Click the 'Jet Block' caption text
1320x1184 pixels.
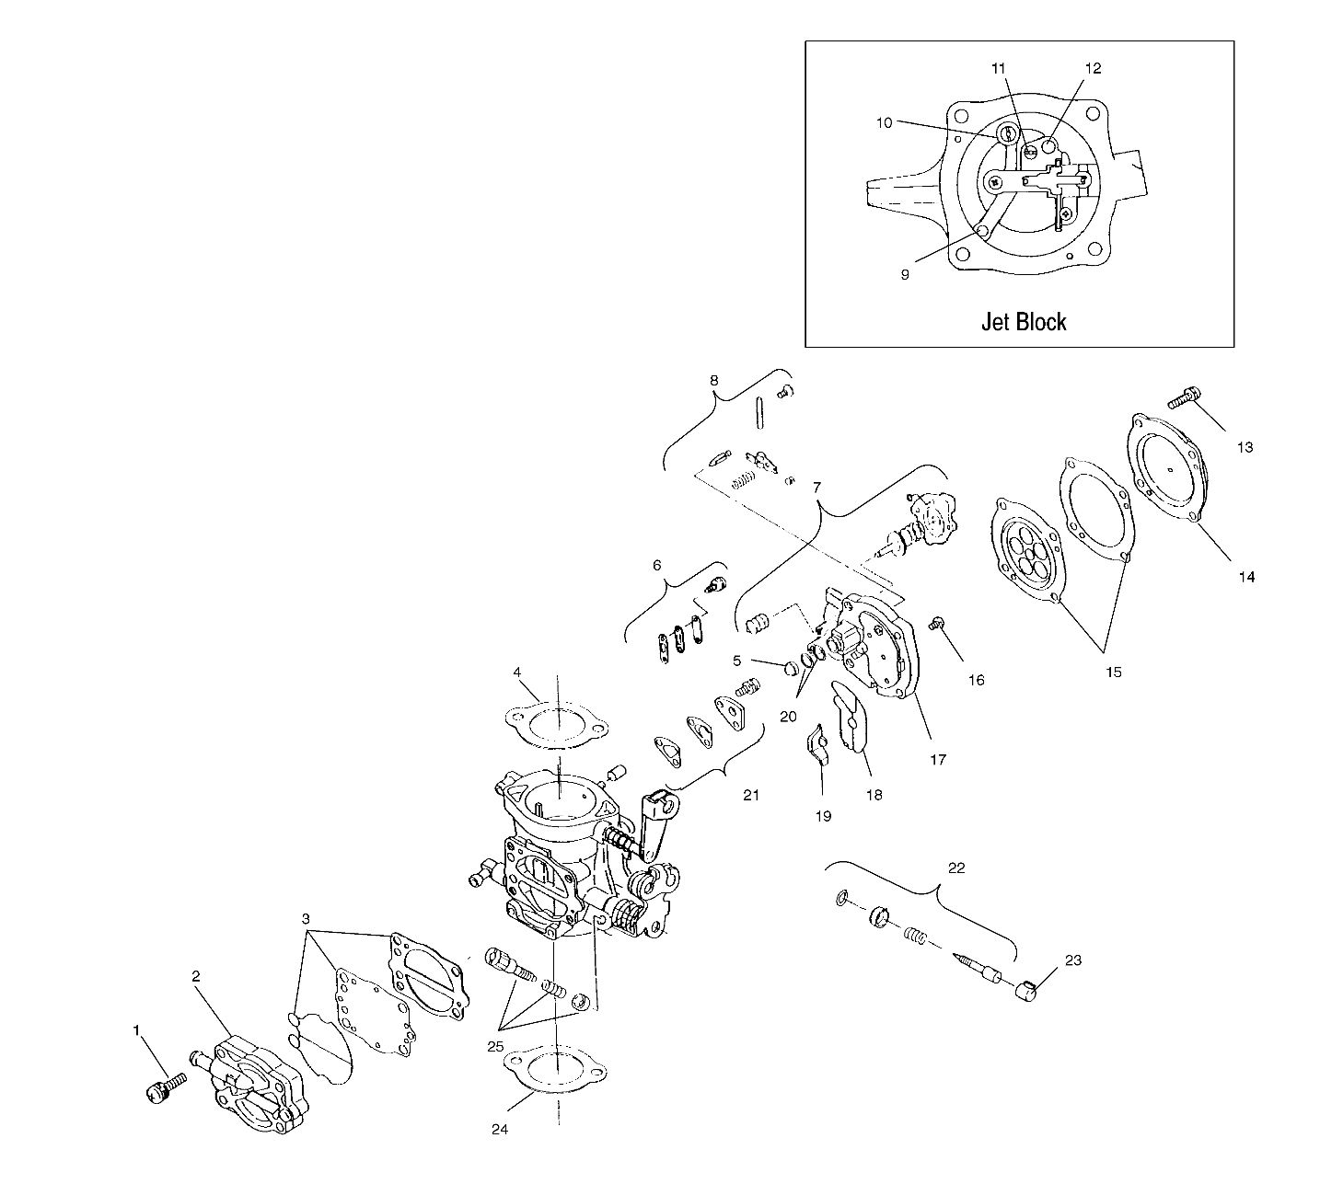[1023, 322]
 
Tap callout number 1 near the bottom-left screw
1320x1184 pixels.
[137, 1031]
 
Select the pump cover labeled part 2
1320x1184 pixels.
[253, 1087]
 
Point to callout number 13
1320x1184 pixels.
[1245, 448]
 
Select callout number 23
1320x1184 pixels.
[1072, 960]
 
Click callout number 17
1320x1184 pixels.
[938, 761]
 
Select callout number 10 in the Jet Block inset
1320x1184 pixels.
[883, 122]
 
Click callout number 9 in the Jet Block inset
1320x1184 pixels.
[905, 274]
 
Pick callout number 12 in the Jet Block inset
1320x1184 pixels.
[1093, 68]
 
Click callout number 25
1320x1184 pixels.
[497, 1048]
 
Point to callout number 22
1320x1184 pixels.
[956, 868]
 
